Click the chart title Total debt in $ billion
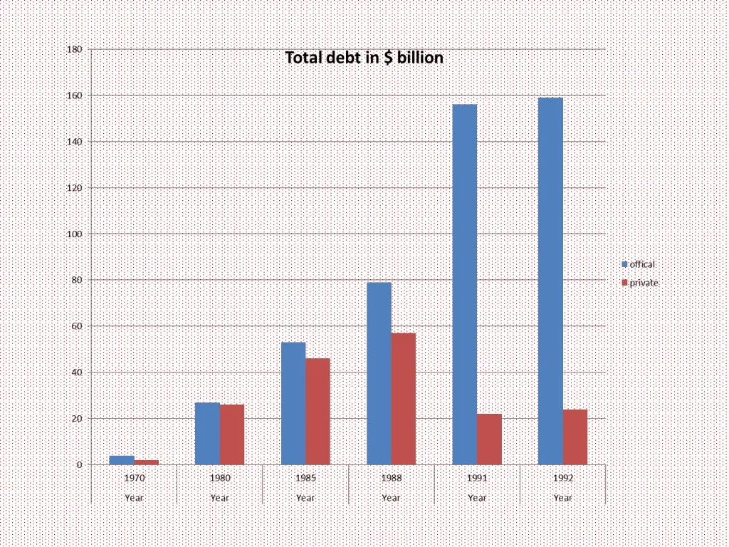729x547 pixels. (x=364, y=58)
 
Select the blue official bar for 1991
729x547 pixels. (x=465, y=285)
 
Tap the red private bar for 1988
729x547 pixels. (x=404, y=399)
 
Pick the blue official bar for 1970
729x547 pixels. (x=122, y=460)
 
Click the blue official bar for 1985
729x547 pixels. (x=293, y=403)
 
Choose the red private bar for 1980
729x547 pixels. (x=232, y=434)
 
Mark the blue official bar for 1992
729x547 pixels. (x=550, y=281)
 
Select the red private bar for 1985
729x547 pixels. (x=318, y=412)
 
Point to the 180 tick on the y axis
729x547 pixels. (x=74, y=50)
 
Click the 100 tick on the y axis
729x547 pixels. (x=74, y=234)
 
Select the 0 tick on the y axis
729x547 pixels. (x=79, y=465)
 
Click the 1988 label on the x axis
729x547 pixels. (x=391, y=479)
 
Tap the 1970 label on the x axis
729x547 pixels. (x=134, y=479)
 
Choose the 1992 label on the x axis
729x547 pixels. (x=562, y=479)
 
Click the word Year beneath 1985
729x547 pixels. (x=305, y=498)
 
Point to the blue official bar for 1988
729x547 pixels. (x=379, y=374)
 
